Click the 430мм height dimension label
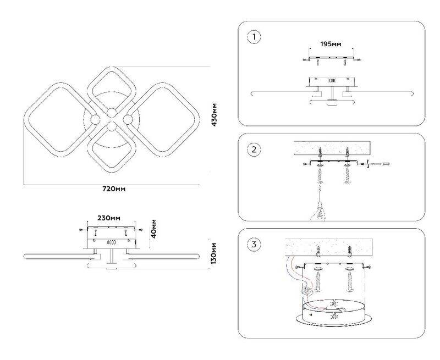[x=215, y=114]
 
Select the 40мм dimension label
[x=155, y=228]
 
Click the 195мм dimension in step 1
[x=332, y=43]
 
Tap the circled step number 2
[x=253, y=149]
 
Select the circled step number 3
[x=253, y=245]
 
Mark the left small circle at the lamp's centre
[x=95, y=120]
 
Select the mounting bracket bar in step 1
[x=332, y=58]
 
